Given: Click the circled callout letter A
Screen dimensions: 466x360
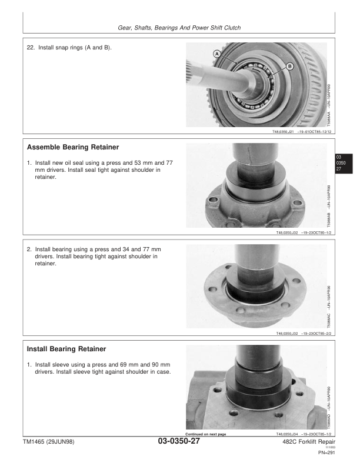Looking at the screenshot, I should pos(217,54).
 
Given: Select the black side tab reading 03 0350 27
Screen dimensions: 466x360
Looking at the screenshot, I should pos(339,162).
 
